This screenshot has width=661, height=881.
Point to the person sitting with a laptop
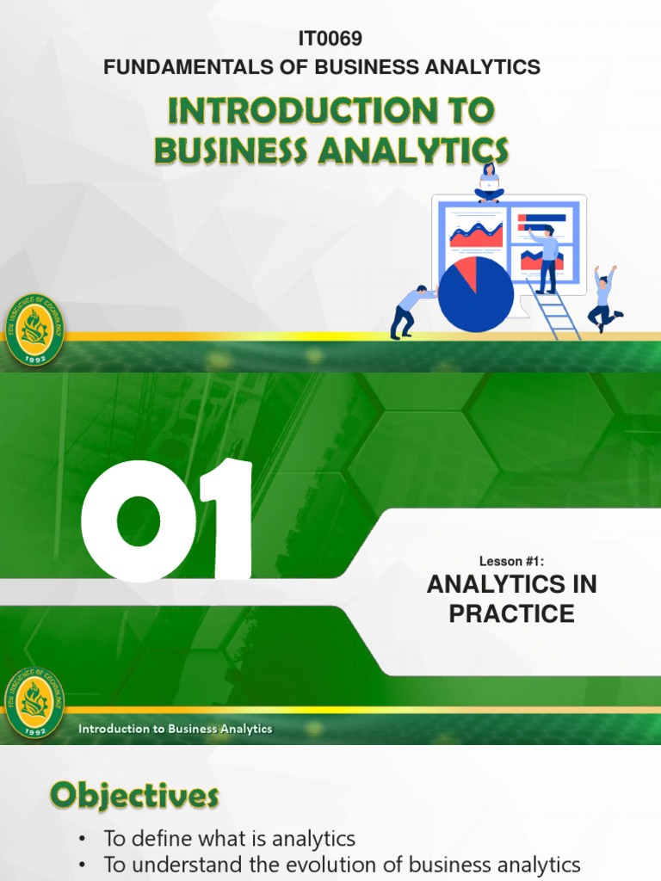(489, 182)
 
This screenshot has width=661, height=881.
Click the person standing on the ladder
(546, 258)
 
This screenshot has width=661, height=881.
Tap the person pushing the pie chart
(411, 311)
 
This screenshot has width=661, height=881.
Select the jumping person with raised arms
(604, 298)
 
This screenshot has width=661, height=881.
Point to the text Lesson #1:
(511, 561)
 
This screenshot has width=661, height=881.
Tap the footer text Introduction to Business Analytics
(176, 729)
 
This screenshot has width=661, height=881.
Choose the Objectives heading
(133, 797)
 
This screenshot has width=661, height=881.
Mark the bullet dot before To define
(82, 839)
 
